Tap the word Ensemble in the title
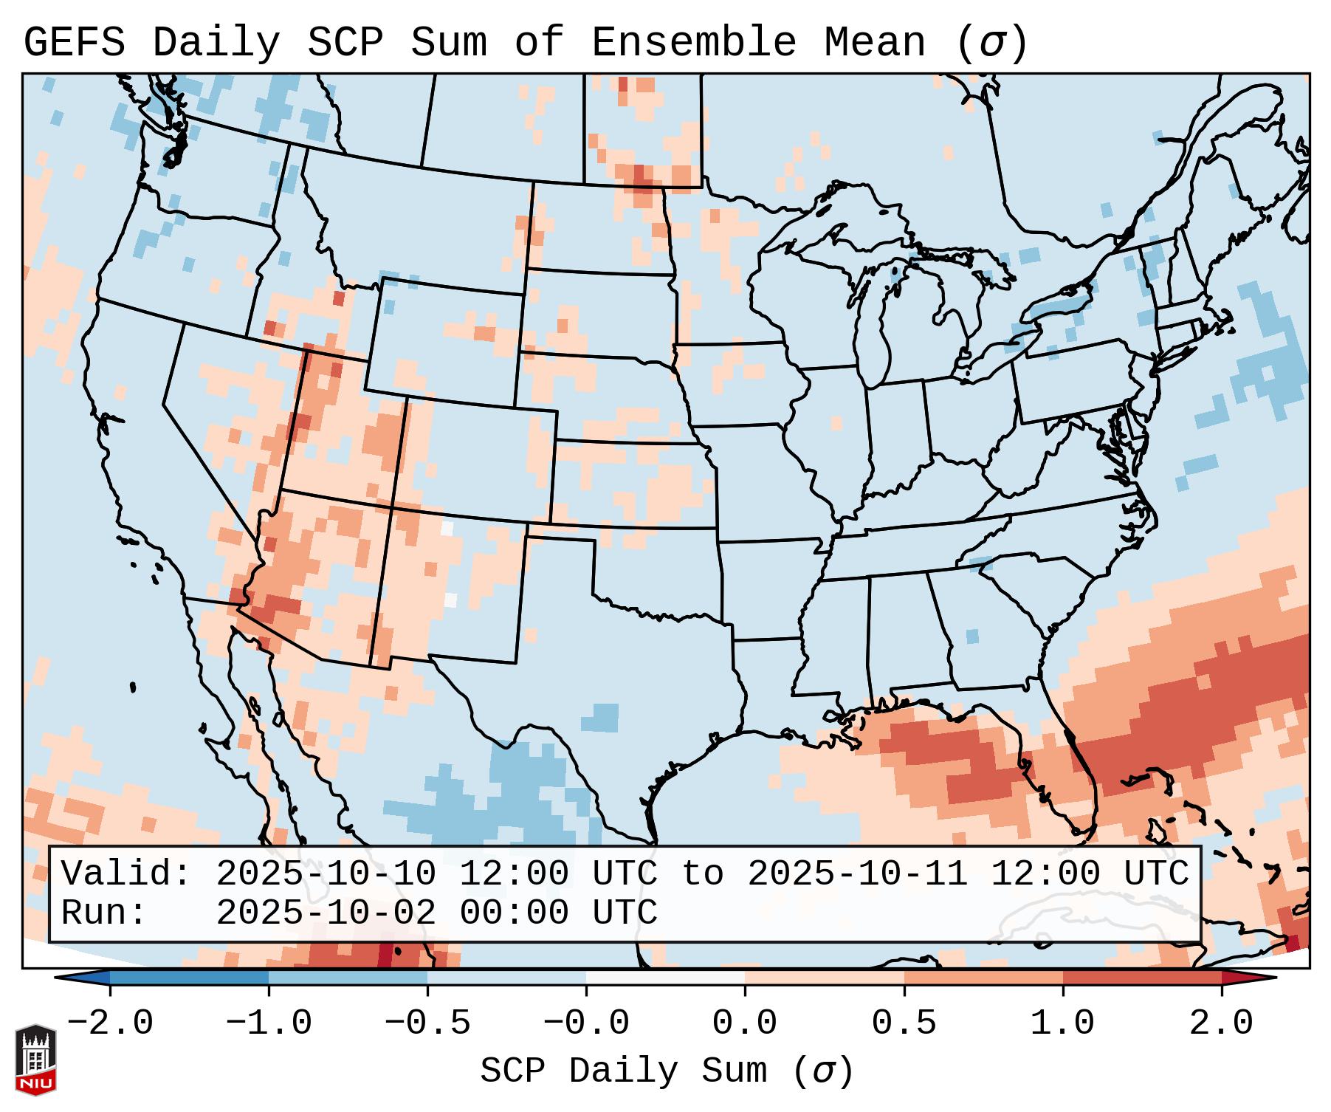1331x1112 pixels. click(x=693, y=43)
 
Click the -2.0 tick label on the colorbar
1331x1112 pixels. click(x=110, y=1023)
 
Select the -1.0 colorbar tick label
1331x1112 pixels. click(x=269, y=1023)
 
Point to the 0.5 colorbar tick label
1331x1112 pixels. click(x=904, y=1023)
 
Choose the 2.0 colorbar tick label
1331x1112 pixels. click(x=1221, y=1023)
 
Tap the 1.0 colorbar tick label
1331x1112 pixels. click(x=1062, y=1023)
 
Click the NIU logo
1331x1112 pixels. click(x=35, y=1059)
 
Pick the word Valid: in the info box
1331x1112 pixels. click(x=125, y=874)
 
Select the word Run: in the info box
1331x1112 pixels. click(x=103, y=913)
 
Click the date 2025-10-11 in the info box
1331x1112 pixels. click(x=857, y=874)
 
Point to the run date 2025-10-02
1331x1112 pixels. click(x=326, y=913)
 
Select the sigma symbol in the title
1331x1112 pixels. click(x=991, y=43)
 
